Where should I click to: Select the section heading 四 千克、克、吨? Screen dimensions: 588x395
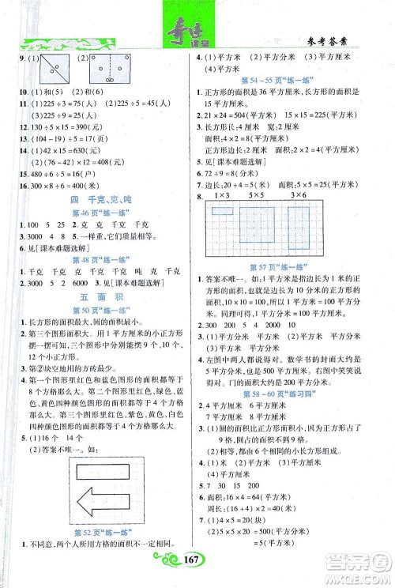pyautogui.click(x=98, y=199)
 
